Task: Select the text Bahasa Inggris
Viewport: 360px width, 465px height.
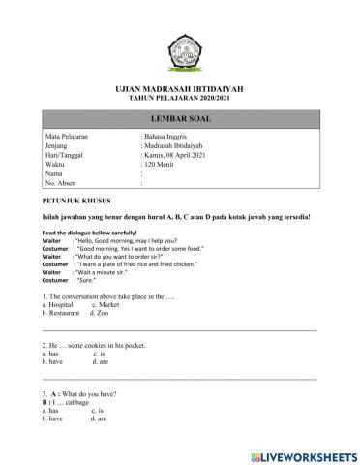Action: point(168,139)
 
